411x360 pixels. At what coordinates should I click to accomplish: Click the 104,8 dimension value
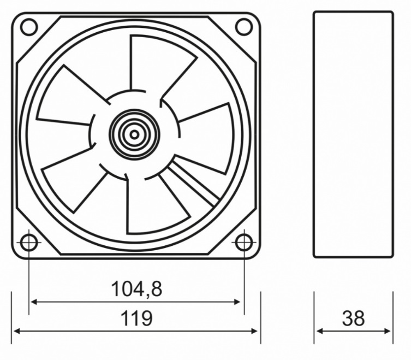pos(136,289)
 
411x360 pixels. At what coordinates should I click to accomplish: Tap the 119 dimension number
pos(136,318)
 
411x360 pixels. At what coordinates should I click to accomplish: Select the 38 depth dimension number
pos(353,318)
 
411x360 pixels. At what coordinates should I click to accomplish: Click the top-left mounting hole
pos(29,27)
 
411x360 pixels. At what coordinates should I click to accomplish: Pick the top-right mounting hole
pos(244,27)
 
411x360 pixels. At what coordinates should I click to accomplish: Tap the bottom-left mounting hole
pos(29,243)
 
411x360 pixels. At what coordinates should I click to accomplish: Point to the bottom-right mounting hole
pos(244,243)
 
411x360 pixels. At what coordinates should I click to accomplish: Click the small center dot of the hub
pos(134,135)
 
